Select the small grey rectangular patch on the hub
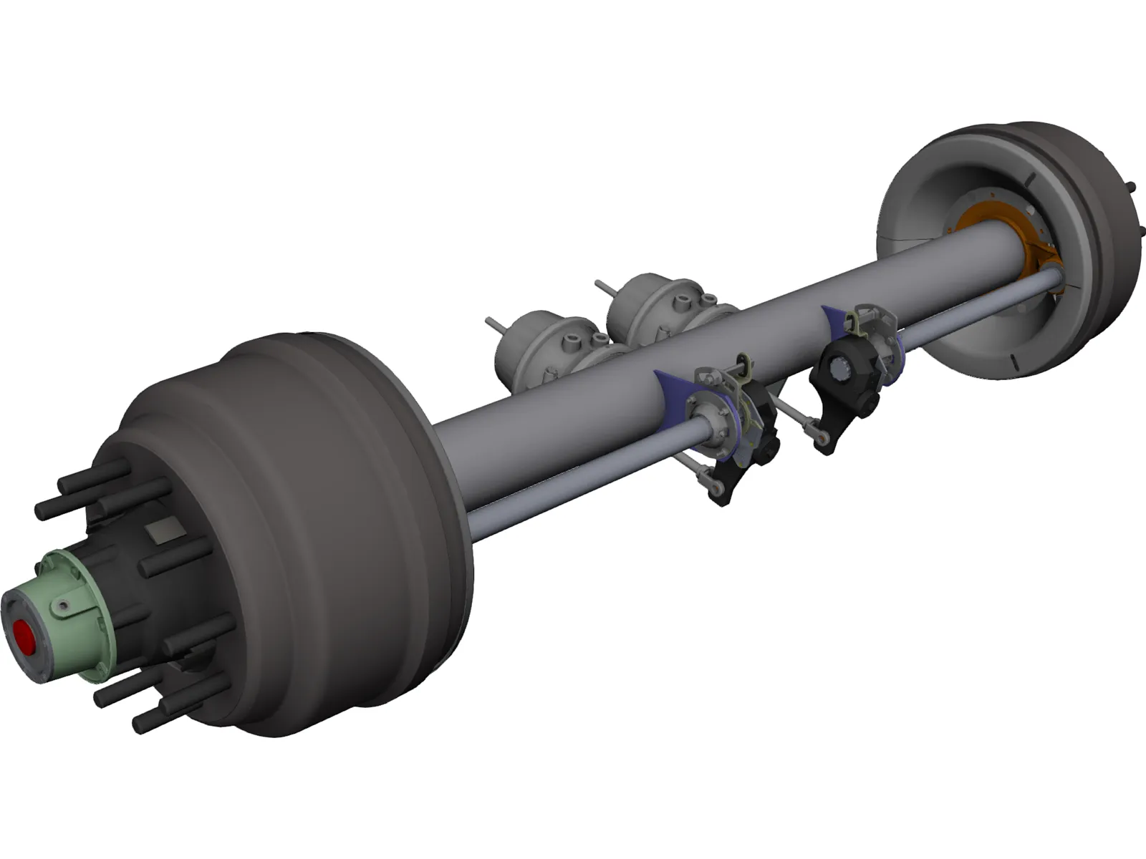[162, 533]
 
